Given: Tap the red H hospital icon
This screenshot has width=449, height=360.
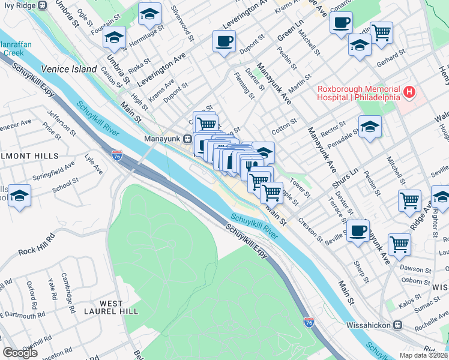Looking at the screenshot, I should pyautogui.click(x=409, y=92).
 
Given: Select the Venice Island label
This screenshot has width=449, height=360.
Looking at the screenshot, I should pyautogui.click(x=70, y=69).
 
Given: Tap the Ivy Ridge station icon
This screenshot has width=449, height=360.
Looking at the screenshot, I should pyautogui.click(x=42, y=5).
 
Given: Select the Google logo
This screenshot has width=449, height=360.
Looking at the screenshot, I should pyautogui.click(x=20, y=353).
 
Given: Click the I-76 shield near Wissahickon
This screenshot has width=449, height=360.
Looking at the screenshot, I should pyautogui.click(x=309, y=323).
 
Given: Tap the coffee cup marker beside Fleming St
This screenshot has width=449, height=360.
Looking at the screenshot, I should pyautogui.click(x=224, y=41).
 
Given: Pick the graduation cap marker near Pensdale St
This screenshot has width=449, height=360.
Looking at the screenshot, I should pyautogui.click(x=370, y=127).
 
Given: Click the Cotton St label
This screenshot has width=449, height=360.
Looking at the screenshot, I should pyautogui.click(x=284, y=127).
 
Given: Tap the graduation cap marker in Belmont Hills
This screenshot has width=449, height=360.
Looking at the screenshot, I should pyautogui.click(x=20, y=196).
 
